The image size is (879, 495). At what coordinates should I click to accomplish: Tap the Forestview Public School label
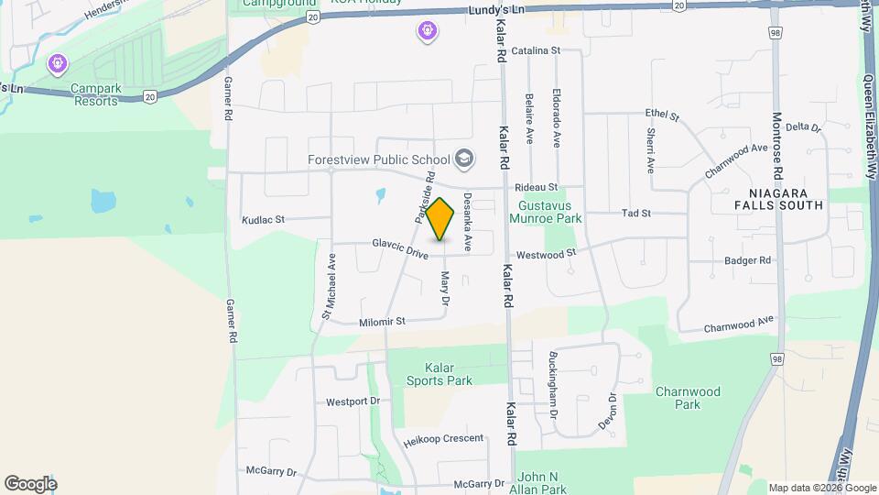(x=378, y=159)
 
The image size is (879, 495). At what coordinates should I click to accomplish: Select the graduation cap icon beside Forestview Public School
(x=464, y=159)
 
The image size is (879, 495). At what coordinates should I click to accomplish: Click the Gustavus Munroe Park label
(x=550, y=213)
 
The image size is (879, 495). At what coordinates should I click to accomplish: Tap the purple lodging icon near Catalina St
(x=428, y=32)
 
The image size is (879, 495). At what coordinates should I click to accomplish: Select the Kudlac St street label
(x=264, y=220)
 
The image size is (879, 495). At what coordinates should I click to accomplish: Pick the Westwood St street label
(x=546, y=253)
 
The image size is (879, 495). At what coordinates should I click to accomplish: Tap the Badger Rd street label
(x=747, y=260)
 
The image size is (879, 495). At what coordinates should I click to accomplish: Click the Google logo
(x=30, y=483)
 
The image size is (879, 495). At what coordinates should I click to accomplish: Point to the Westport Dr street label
(x=353, y=401)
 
